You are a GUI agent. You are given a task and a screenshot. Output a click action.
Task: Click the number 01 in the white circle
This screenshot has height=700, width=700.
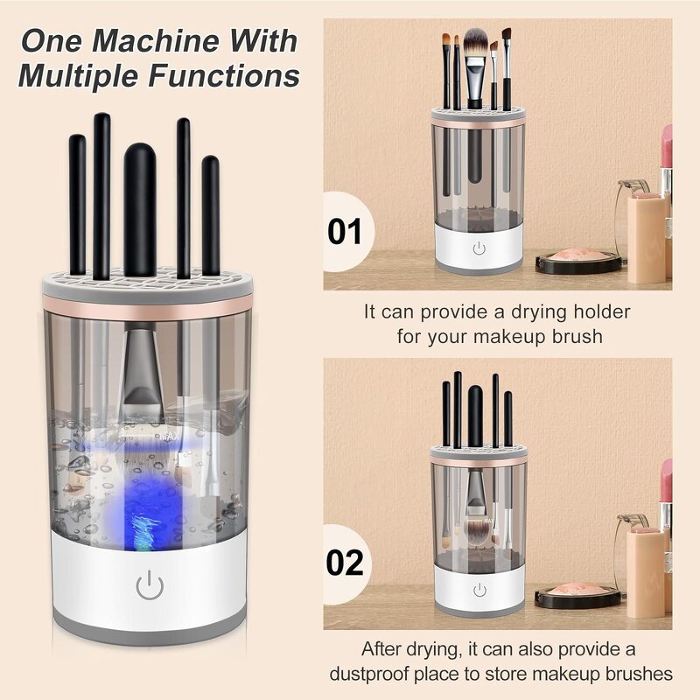344,232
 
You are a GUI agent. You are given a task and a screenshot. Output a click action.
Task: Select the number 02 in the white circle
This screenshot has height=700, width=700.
344,563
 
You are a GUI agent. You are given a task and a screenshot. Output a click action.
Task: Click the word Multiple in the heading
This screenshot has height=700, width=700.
76,76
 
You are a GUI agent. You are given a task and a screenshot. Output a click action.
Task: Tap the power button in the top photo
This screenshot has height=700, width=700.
479,249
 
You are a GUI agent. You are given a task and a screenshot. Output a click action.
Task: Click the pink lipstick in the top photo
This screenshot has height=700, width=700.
667,149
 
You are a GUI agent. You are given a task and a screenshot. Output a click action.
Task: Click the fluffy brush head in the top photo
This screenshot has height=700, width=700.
475,44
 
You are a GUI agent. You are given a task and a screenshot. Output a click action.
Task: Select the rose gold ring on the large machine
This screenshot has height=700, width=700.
146,304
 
